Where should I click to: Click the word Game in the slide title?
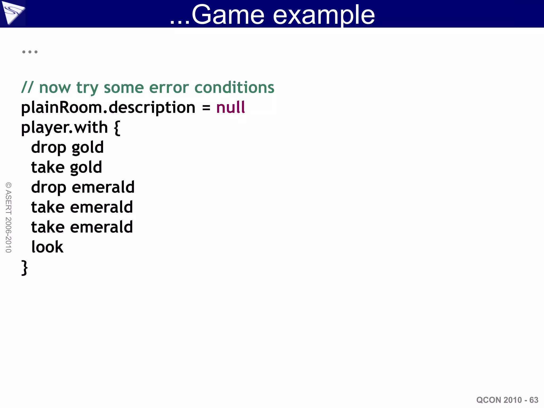[x=228, y=15]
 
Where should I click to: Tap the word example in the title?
[x=324, y=15]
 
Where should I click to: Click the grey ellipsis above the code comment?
[x=30, y=52]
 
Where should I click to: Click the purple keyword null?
[x=230, y=107]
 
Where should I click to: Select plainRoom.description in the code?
[x=108, y=108]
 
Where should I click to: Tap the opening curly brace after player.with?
[x=117, y=128]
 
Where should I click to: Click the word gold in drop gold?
[x=88, y=148]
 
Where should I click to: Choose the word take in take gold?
[x=48, y=167]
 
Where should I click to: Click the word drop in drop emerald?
[x=49, y=188]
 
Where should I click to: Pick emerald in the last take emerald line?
[x=101, y=227]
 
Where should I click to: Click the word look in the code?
[x=47, y=247]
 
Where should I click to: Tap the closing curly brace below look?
[x=24, y=268]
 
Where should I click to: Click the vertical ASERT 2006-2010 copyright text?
[x=8, y=217]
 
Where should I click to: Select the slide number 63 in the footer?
[x=534, y=400]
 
